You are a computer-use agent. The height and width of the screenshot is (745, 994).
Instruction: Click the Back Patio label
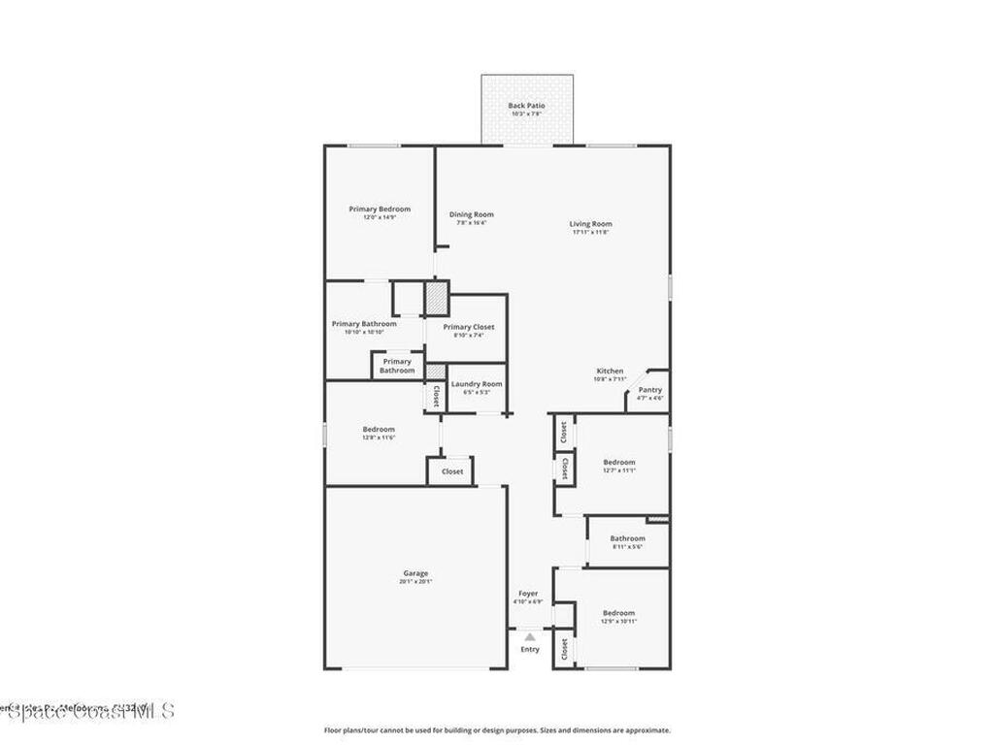tap(527, 106)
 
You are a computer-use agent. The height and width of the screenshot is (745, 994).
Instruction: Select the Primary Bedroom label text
tap(380, 209)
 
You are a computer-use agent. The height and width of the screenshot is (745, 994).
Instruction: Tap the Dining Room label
tap(471, 214)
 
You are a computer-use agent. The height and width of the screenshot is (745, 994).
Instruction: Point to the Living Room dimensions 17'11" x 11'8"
tap(590, 233)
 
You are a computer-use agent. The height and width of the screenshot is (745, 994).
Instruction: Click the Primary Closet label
tap(469, 327)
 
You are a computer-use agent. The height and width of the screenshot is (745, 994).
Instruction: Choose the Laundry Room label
tap(477, 384)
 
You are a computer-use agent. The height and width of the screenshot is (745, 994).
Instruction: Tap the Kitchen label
tap(610, 372)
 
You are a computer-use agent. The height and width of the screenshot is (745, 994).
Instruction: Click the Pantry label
tap(649, 390)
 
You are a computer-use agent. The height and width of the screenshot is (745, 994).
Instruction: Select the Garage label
tap(415, 573)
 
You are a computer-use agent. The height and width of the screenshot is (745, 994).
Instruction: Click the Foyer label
tap(528, 594)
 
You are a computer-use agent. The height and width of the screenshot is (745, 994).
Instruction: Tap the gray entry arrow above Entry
tap(529, 637)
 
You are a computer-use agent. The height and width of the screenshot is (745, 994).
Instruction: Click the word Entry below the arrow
tap(529, 650)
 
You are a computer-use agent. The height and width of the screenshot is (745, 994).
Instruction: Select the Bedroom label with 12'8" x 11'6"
tap(379, 429)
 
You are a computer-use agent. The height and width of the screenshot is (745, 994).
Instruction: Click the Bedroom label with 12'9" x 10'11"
tap(618, 613)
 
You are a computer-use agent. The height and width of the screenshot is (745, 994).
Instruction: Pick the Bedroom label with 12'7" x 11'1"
tap(618, 462)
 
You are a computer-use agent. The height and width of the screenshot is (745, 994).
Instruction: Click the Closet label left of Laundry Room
tap(436, 395)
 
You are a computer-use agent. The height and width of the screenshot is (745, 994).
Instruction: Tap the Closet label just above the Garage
tap(452, 471)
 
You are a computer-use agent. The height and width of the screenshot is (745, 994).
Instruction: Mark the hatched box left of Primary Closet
tap(438, 296)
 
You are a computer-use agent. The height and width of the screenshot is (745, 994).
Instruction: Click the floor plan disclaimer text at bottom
tap(496, 730)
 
